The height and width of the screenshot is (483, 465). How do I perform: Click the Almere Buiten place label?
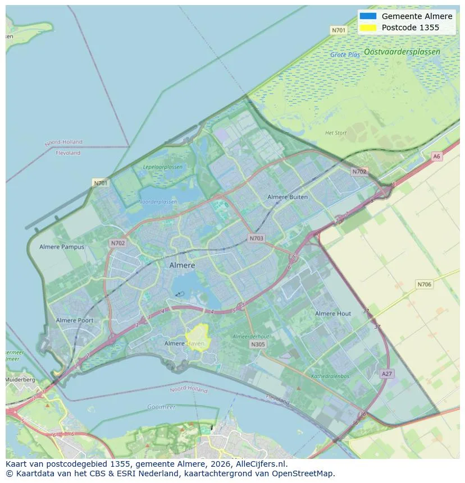coord(288,197)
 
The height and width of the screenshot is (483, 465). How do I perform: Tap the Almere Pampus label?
coord(62,247)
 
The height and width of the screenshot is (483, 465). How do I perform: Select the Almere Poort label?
coord(75,320)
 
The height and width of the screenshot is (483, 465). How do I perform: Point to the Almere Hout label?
coord(333,314)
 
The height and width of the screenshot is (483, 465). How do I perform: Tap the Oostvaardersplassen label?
coord(402,52)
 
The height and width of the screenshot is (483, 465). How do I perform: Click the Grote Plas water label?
coord(345,55)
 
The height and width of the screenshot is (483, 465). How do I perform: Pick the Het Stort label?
coord(336,133)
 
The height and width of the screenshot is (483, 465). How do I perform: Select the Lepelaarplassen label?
coord(163,167)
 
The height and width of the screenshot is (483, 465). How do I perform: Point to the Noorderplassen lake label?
coord(158,202)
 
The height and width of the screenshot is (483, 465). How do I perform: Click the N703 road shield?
coord(256,238)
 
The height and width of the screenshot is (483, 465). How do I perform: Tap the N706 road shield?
coord(425,284)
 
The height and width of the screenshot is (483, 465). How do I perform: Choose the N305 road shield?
coord(258,344)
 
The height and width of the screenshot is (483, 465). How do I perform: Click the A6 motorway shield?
coord(437,157)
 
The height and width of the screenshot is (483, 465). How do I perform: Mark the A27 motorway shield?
coord(386,374)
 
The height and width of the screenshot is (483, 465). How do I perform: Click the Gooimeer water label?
coord(161,407)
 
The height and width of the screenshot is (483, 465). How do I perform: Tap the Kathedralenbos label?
coord(330,376)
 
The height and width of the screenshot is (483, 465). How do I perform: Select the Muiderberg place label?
coord(20,380)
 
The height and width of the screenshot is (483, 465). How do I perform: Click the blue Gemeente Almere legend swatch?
coord(368,16)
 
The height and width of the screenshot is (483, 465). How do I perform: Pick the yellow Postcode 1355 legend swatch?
coord(368,27)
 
